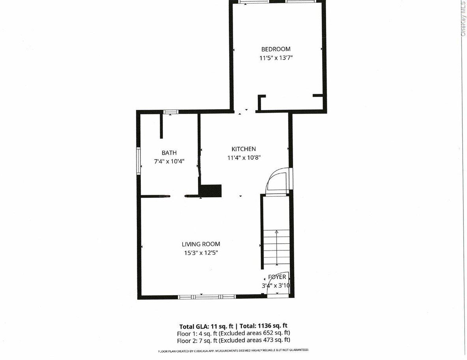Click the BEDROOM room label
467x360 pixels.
276,49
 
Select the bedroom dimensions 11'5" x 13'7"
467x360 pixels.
276,58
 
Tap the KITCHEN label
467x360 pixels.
244,149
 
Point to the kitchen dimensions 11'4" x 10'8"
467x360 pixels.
244,158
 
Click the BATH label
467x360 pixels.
169,153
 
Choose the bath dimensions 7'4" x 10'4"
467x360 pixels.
169,162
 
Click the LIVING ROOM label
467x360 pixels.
201,244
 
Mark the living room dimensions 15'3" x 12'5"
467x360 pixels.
201,253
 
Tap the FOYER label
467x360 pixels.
277,277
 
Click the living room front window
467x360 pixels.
207,297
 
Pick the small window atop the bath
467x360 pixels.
171,112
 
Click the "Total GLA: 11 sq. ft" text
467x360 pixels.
206,326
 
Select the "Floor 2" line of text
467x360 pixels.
233,340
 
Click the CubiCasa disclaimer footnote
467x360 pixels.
233,351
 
